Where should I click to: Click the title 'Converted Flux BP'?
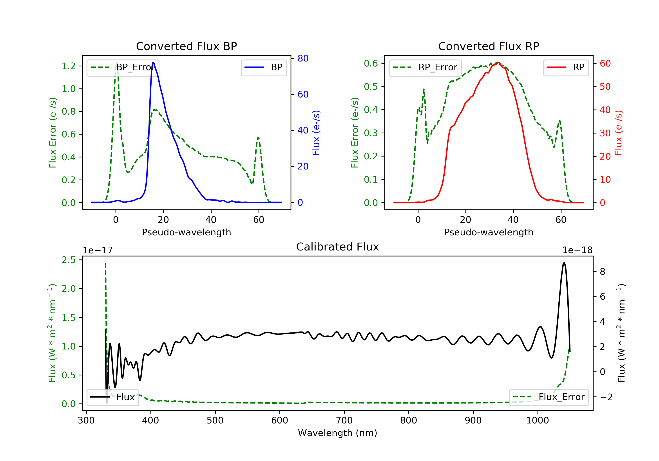point(186,46)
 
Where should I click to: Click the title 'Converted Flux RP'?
point(489,46)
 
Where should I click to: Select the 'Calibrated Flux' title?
point(338,247)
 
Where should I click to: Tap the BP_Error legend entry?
point(123,67)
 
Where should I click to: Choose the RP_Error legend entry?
point(425,67)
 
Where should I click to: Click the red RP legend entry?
point(566,67)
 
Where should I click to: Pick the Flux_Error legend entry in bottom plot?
point(549,397)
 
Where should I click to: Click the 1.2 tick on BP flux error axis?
point(69,66)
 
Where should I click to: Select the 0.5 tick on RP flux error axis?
point(371,87)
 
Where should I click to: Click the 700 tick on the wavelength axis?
point(344,421)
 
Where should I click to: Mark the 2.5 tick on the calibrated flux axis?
point(69,260)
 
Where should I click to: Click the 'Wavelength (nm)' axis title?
point(338,433)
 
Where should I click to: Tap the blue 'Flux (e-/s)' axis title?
point(316,133)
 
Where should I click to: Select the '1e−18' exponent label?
point(578,250)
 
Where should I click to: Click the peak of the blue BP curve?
point(153,62)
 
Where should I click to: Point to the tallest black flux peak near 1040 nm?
point(564,263)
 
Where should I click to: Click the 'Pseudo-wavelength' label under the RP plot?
point(489,232)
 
